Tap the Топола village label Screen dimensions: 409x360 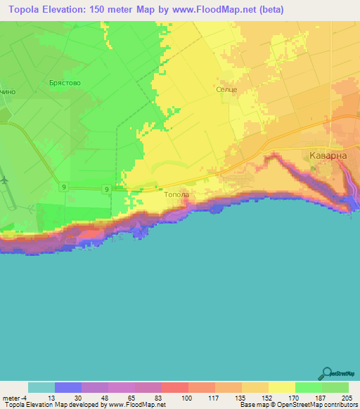[176, 196]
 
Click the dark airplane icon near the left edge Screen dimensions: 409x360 [6, 180]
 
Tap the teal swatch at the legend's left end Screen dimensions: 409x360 [41, 387]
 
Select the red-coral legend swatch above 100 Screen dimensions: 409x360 [175, 387]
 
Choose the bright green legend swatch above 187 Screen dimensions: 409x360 [309, 387]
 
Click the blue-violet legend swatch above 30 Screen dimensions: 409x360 [68, 387]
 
